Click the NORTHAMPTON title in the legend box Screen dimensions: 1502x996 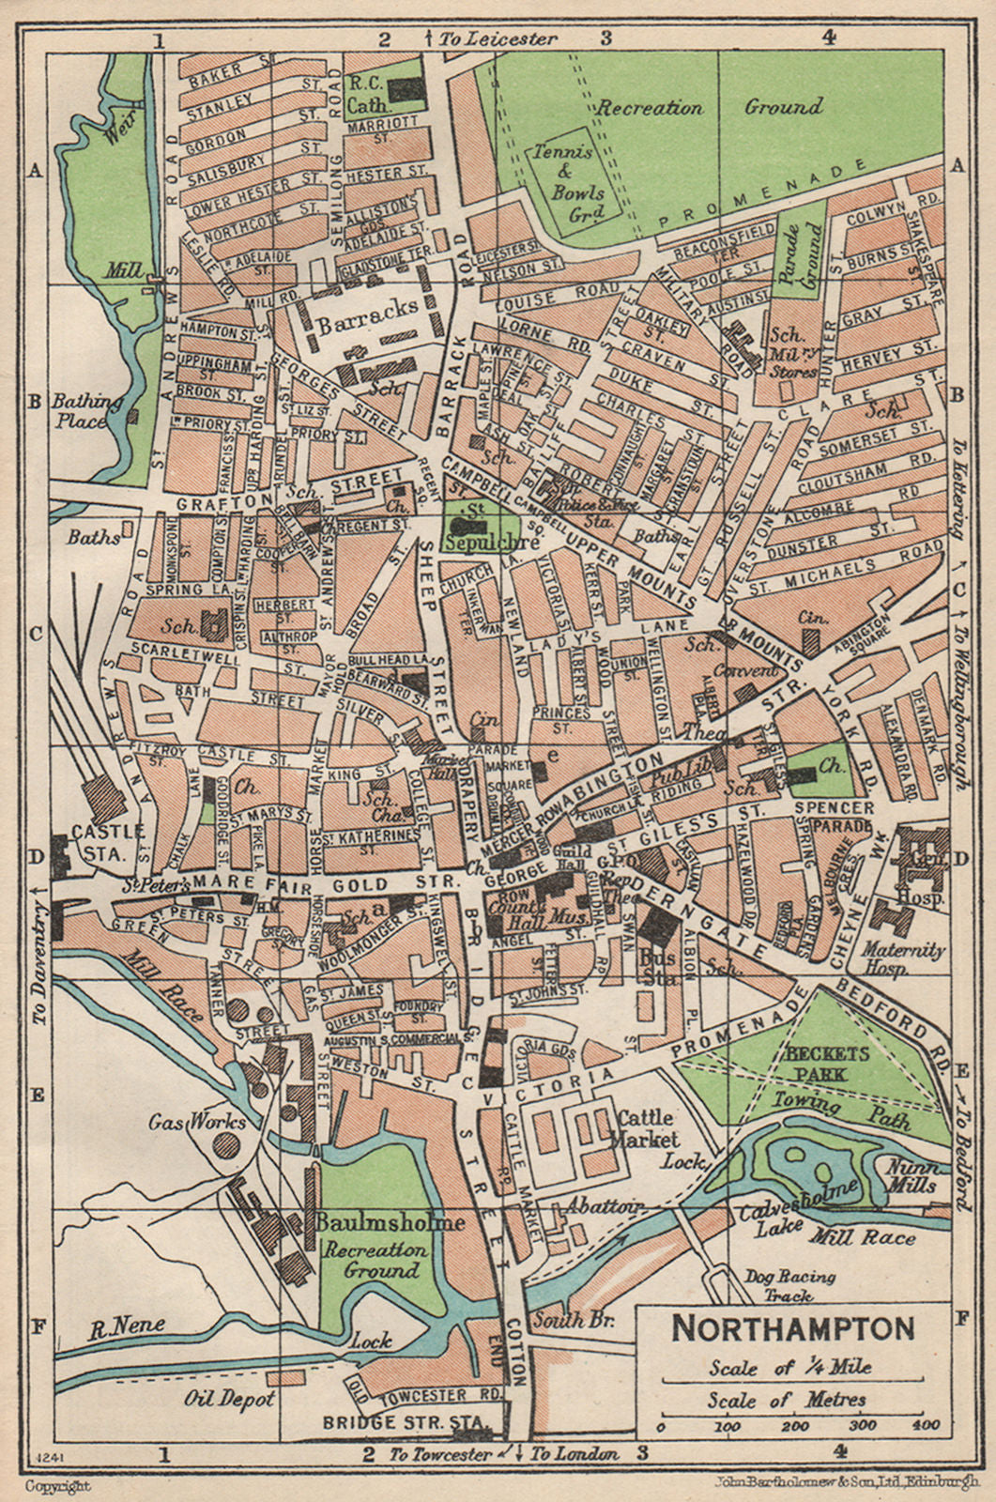coord(793,1328)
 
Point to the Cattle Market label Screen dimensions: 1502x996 coord(645,1128)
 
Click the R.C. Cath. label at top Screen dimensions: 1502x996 coord(367,90)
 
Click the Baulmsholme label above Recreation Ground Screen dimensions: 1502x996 coord(391,1222)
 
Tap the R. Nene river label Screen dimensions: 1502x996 coord(128,1326)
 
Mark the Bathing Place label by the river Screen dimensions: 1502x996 coord(87,411)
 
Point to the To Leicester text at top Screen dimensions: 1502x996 coord(498,38)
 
